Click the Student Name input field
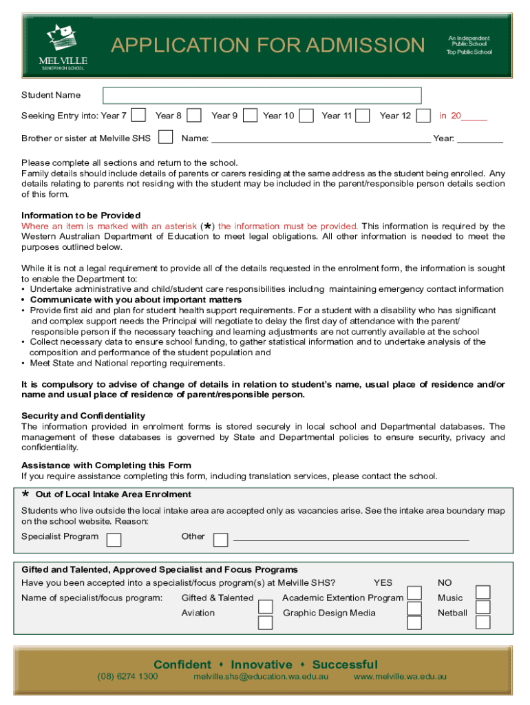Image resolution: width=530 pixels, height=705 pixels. coord(262,96)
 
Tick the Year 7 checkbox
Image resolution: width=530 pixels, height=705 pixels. coord(138,115)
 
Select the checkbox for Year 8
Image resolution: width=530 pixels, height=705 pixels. coord(195,115)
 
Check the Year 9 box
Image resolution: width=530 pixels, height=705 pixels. coord(251,115)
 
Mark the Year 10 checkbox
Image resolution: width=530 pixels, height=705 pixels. coord(307,115)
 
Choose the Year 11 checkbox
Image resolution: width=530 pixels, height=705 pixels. coord(363,115)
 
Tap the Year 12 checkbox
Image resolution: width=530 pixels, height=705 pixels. coord(424,115)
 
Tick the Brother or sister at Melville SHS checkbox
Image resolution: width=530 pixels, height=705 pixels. coord(165,137)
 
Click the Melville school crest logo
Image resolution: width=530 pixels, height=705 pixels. coord(62,38)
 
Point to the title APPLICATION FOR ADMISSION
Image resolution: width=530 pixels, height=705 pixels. coord(268,45)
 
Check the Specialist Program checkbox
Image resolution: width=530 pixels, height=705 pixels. coord(114,539)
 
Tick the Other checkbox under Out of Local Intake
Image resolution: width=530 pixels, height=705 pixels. coord(220,539)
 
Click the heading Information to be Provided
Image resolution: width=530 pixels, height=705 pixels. coord(81,215)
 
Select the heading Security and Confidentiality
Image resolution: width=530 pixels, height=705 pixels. coord(83,416)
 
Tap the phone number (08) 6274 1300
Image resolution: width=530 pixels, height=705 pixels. coord(127,677)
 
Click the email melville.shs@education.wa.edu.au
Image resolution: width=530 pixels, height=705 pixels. coord(261,677)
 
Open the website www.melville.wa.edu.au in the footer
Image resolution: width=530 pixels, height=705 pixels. coord(400,677)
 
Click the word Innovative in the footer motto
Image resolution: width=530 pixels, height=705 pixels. coord(262,664)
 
